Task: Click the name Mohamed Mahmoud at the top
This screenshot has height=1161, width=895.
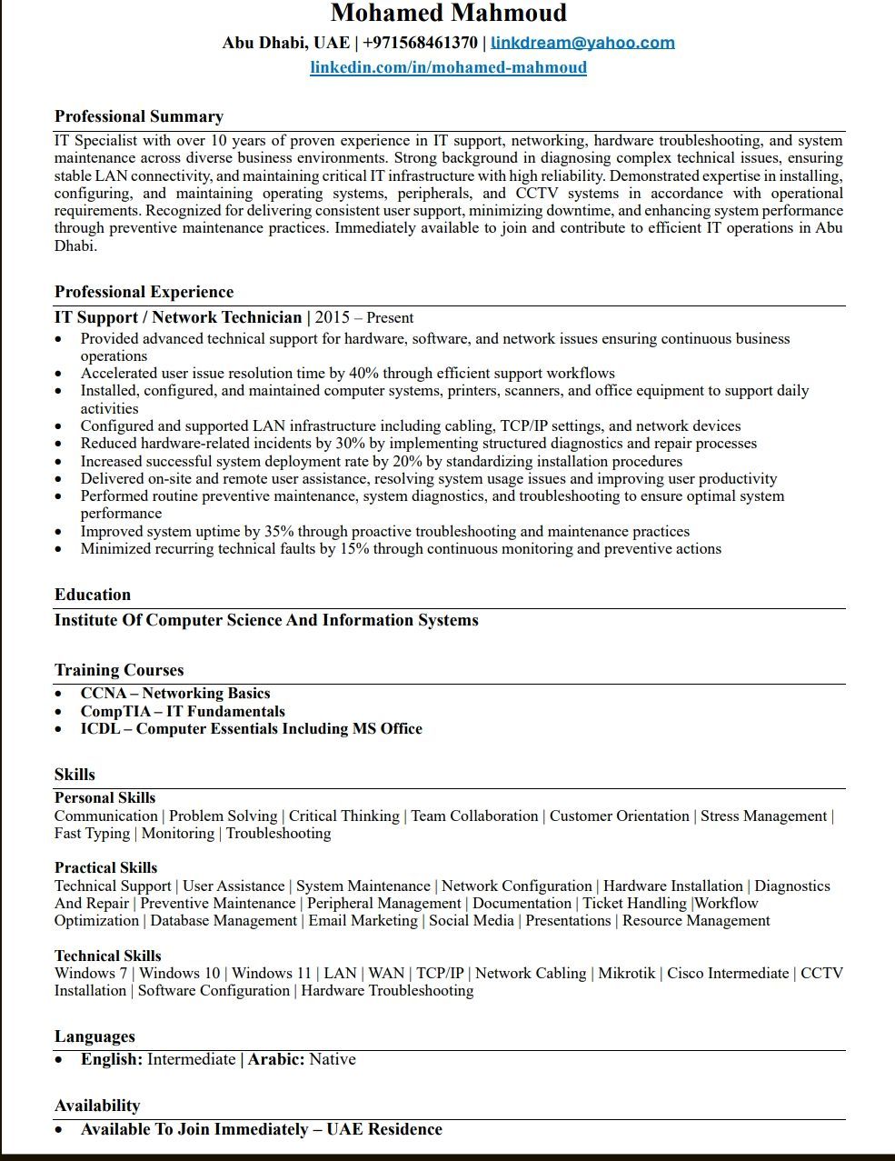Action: tap(448, 14)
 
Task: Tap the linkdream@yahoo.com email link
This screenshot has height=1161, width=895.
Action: tap(582, 43)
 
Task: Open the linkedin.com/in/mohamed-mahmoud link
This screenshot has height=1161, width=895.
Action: tap(448, 67)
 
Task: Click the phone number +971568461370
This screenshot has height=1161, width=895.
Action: tap(420, 43)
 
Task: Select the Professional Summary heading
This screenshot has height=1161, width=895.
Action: tap(138, 116)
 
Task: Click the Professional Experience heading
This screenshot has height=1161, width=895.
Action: tap(144, 292)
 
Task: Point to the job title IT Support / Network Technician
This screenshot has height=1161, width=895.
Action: tap(178, 317)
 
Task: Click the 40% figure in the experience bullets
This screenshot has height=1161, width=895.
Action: tap(363, 374)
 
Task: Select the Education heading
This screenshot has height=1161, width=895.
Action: tap(92, 595)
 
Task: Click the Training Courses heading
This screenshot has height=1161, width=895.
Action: tap(118, 670)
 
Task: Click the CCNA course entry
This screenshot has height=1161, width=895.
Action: tap(175, 694)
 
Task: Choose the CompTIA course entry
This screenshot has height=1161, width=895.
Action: tap(183, 712)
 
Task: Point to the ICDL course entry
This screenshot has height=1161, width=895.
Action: tap(251, 729)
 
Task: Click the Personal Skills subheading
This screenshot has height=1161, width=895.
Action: tap(104, 798)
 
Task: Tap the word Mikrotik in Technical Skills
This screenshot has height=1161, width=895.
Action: tap(627, 974)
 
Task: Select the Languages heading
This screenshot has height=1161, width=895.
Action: tap(94, 1036)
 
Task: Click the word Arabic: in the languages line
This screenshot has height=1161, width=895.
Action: tap(276, 1060)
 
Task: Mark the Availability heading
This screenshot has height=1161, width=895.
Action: tap(97, 1106)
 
